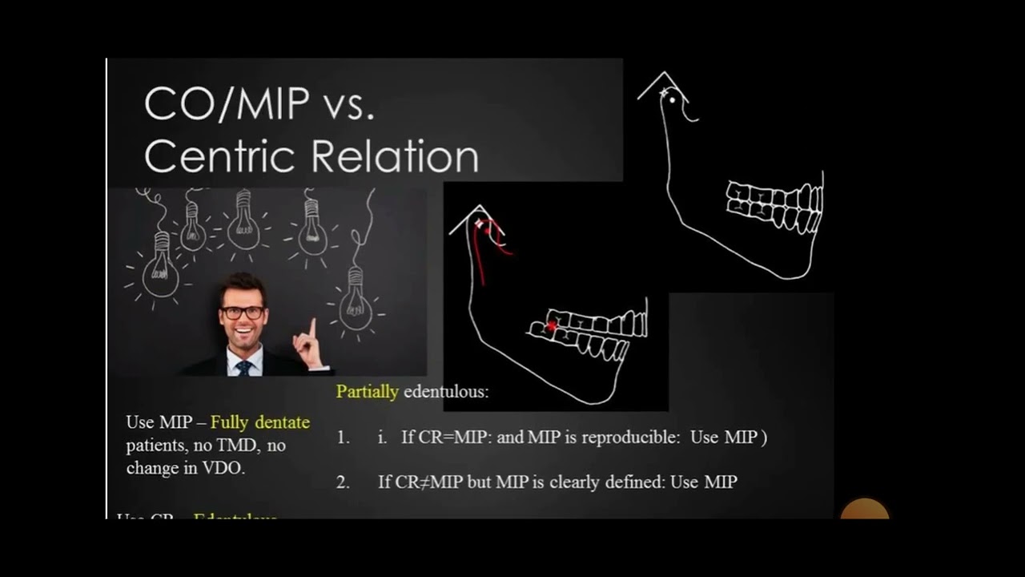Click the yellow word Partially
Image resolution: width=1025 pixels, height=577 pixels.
point(367,392)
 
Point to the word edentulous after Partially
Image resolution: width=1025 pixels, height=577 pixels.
point(446,392)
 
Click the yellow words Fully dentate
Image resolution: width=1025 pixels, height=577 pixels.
point(260,422)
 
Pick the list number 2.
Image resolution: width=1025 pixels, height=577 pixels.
point(343,482)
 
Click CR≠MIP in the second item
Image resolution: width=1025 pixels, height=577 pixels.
point(429,482)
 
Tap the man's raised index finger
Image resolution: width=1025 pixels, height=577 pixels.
point(312,329)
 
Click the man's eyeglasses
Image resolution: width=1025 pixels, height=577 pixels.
point(242,313)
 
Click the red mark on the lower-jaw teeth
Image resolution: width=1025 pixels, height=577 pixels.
point(552,325)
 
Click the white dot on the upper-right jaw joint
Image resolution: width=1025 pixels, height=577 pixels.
point(672,99)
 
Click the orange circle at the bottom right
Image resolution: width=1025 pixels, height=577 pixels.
point(865,510)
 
